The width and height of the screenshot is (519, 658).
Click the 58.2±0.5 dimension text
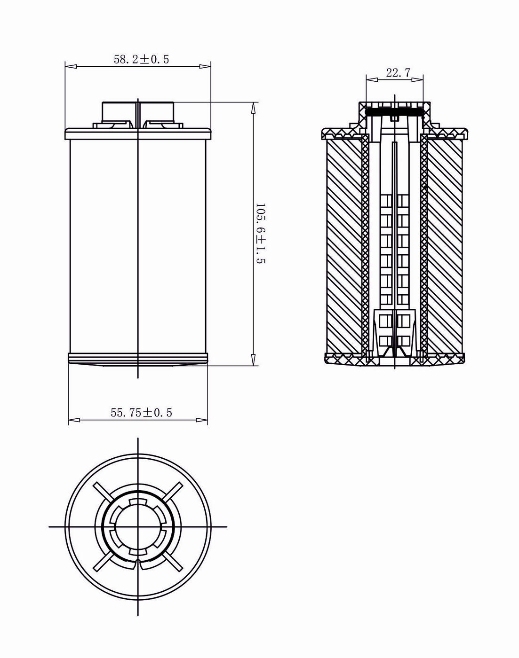click(x=141, y=59)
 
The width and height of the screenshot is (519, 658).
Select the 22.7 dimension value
click(x=398, y=73)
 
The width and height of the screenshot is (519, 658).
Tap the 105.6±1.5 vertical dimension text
click(x=261, y=233)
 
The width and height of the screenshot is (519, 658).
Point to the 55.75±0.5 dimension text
click(x=141, y=413)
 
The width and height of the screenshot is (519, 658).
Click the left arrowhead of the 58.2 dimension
click(x=71, y=66)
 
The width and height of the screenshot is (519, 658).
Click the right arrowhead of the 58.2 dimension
click(x=205, y=66)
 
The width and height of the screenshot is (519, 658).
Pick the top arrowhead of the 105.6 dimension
click(x=253, y=108)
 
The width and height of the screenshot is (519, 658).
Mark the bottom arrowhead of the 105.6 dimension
click(x=253, y=360)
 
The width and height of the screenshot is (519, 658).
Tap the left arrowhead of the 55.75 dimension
click(x=74, y=420)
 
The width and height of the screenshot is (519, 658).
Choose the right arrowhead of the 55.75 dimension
click(x=202, y=420)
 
